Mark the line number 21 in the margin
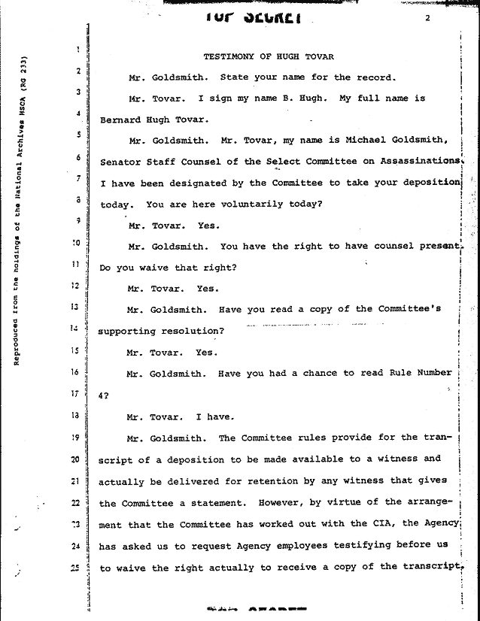76,480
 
